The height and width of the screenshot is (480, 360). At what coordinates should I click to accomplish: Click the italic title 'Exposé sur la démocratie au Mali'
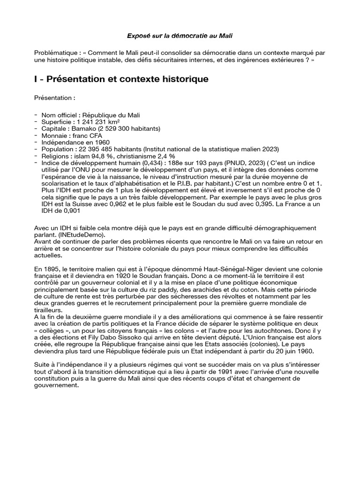pos(180,36)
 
